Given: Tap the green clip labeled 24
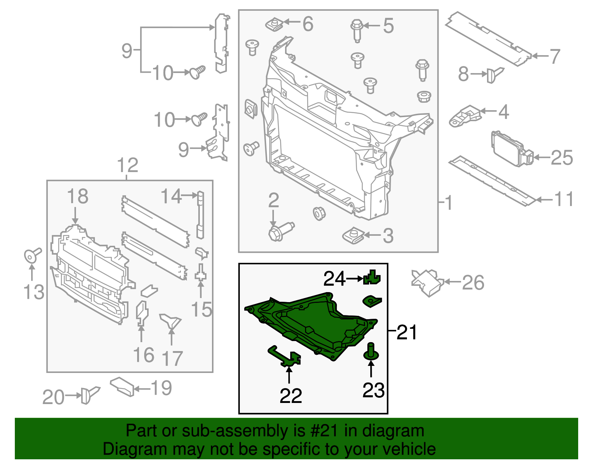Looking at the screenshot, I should [x=372, y=278].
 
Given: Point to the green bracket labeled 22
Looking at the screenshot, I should [x=285, y=356].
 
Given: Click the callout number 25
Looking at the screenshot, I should [x=562, y=158].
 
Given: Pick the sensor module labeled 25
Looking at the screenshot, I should [x=510, y=146].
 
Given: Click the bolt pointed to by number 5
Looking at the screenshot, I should [x=357, y=30].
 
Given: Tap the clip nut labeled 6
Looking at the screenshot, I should [x=275, y=25].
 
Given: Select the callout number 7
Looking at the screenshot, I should [x=554, y=56].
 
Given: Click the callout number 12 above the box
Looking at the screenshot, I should [x=127, y=165].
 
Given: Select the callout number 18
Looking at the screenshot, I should [x=77, y=196].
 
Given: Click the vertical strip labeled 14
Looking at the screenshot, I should [x=200, y=215].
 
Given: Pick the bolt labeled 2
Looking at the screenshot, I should [x=280, y=231].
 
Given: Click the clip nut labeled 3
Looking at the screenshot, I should [x=353, y=236].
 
